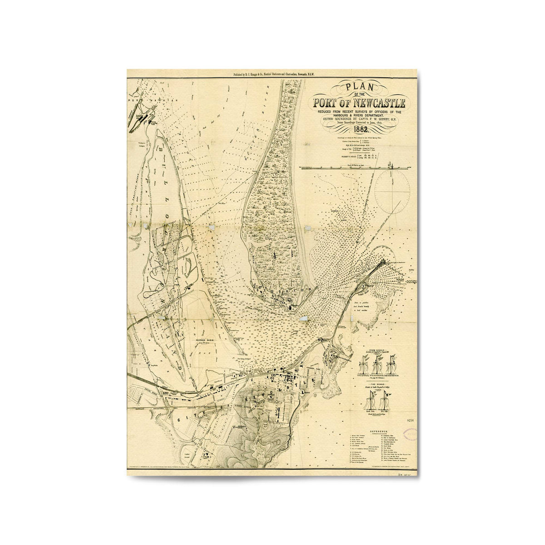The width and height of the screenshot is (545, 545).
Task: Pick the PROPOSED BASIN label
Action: [205, 340]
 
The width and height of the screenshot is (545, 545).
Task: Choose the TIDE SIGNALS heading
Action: [378, 384]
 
